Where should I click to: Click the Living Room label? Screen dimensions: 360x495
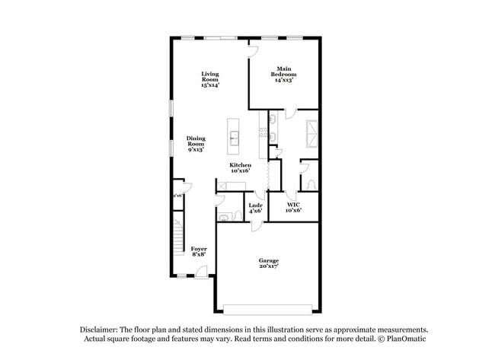[210, 79]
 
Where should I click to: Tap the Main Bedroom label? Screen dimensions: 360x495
[284, 73]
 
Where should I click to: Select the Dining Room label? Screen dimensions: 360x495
[196, 144]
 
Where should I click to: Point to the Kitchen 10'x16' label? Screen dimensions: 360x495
[241, 168]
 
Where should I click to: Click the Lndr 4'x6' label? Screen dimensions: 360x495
[255, 207]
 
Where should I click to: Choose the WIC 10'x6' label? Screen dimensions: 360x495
[293, 207]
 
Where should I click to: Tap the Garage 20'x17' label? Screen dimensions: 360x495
[268, 263]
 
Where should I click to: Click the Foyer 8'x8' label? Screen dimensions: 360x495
[199, 251]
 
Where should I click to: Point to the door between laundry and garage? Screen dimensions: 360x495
[257, 224]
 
